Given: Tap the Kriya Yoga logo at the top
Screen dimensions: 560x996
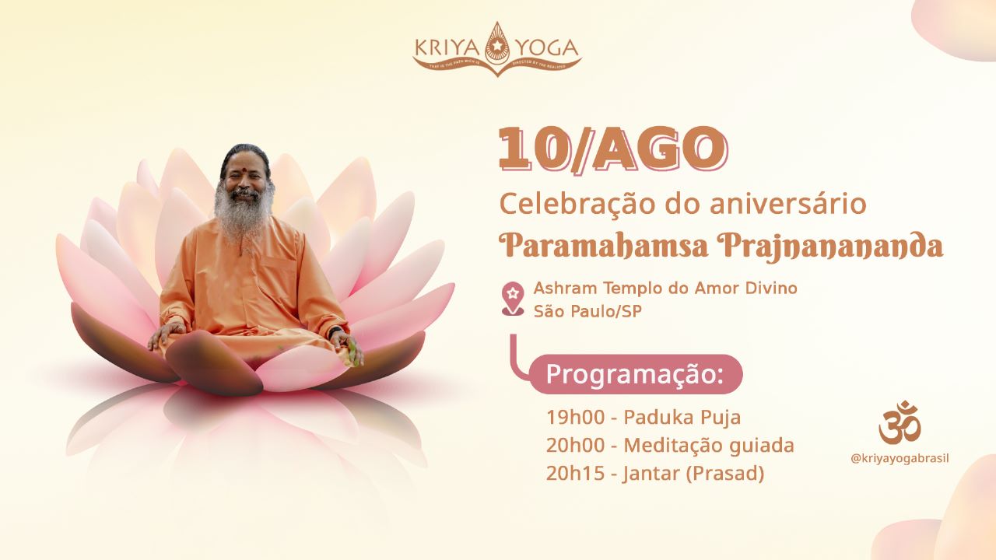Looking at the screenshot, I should [496, 49].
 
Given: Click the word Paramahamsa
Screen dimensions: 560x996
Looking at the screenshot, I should [603, 246].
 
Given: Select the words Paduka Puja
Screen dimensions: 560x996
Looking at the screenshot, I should [682, 418].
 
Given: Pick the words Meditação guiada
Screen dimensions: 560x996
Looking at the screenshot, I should [709, 446].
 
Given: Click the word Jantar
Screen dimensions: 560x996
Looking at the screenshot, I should [651, 474].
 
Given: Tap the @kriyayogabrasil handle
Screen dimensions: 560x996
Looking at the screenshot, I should [900, 458].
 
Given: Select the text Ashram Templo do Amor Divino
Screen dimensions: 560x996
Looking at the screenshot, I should [665, 289].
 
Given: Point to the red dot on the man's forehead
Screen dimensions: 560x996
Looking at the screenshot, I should [243, 166].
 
